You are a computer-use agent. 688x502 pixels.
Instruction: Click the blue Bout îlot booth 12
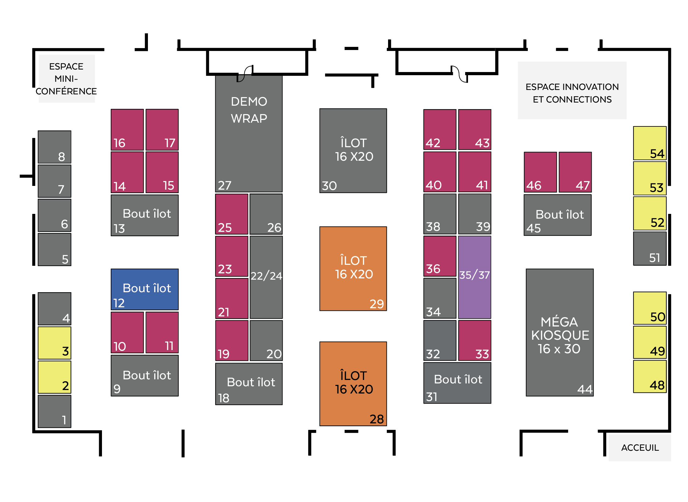click(x=144, y=289)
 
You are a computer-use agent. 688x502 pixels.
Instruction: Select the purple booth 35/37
click(x=474, y=277)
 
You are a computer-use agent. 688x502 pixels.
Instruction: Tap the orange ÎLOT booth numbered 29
click(x=353, y=268)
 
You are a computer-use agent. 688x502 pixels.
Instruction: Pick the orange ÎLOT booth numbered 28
click(x=353, y=383)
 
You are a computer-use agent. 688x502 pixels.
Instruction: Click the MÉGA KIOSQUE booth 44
click(x=559, y=332)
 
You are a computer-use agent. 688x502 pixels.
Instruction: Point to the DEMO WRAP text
click(x=249, y=110)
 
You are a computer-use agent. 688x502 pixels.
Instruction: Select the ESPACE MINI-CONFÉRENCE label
click(x=66, y=79)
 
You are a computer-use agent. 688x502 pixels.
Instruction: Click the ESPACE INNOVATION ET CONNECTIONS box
click(x=572, y=90)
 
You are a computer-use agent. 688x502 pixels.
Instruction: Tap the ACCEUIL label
click(x=640, y=448)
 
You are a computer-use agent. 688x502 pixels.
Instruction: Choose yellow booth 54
click(x=650, y=143)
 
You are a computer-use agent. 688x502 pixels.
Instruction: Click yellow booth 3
click(x=54, y=343)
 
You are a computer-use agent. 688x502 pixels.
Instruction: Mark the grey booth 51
click(x=650, y=248)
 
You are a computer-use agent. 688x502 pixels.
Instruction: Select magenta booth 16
click(x=127, y=130)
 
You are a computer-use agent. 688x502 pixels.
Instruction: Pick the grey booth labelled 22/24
click(x=266, y=277)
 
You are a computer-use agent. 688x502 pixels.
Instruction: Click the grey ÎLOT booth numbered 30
click(x=353, y=150)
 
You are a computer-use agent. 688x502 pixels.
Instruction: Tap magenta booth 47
click(x=575, y=172)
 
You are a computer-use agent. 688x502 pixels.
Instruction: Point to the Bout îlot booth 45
click(x=557, y=215)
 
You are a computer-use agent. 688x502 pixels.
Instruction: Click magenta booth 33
click(x=474, y=340)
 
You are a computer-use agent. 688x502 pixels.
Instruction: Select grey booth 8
click(x=54, y=147)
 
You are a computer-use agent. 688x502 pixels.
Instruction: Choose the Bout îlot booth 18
click(x=249, y=384)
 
